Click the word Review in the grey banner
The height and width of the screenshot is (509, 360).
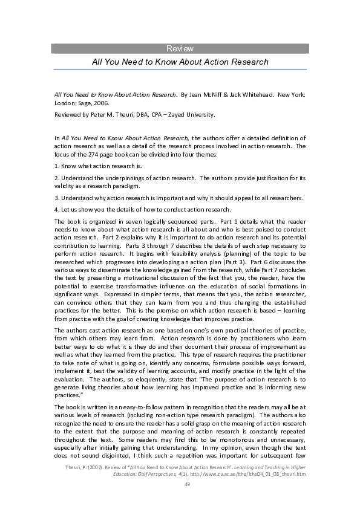(180, 48)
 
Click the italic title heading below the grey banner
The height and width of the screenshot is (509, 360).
(180, 62)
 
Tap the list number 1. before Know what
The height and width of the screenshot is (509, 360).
(57, 166)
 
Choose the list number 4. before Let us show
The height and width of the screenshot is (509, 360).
(57, 209)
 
